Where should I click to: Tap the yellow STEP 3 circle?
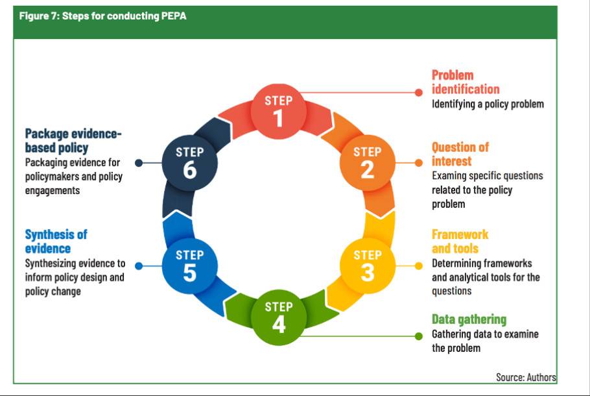coord(367,264)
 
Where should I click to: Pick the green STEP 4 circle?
coord(278,316)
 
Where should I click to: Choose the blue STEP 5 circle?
coord(189,264)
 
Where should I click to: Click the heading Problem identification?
coord(466,82)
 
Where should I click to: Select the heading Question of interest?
coord(460,154)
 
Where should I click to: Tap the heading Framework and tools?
coord(460,241)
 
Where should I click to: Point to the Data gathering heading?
coord(469,319)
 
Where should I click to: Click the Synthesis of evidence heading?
coord(56,241)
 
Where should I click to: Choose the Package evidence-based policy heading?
coord(73,141)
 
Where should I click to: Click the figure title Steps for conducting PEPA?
coord(102,16)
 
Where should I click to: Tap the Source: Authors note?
coord(526,377)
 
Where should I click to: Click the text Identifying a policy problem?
coord(488,104)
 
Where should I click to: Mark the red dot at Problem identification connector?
coord(419,92)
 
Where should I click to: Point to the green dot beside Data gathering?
coord(419,336)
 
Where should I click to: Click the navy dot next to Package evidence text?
coord(138,163)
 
